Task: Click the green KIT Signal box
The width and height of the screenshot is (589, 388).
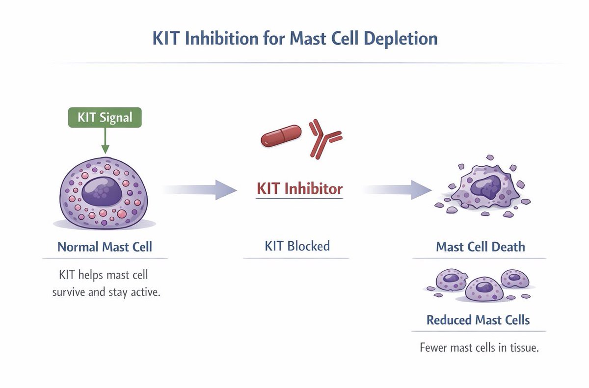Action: (x=105, y=118)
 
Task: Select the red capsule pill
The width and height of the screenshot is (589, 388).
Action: (x=281, y=136)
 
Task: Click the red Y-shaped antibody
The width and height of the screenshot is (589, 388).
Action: (x=324, y=139)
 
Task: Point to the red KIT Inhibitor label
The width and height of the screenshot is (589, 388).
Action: (x=299, y=188)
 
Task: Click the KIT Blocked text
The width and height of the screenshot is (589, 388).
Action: (x=297, y=245)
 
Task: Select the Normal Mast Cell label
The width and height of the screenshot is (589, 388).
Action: (x=105, y=246)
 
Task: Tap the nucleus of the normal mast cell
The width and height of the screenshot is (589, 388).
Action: (x=103, y=190)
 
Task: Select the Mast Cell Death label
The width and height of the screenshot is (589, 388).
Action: (x=480, y=246)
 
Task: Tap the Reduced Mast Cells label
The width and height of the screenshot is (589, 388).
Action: (x=478, y=320)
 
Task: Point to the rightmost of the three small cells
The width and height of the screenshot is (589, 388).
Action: (x=514, y=279)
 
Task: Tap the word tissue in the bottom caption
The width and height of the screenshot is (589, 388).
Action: (x=522, y=348)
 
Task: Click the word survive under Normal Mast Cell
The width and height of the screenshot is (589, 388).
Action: (x=69, y=293)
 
